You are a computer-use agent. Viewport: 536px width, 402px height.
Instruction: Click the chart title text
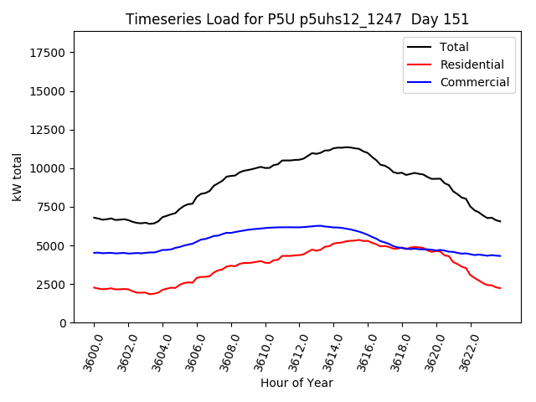click(297, 19)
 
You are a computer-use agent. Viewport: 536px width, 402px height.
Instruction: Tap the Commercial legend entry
click(474, 82)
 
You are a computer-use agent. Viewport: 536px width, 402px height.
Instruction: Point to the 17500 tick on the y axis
click(49, 53)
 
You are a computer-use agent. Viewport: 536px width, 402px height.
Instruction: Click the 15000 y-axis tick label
click(49, 91)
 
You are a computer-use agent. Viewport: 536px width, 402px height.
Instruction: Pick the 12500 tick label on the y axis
click(49, 130)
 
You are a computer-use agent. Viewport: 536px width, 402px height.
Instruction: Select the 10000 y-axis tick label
click(49, 168)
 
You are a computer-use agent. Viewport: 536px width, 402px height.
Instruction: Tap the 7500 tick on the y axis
click(52, 207)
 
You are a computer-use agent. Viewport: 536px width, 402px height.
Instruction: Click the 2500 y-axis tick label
click(52, 285)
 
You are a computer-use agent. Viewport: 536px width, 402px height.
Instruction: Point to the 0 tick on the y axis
click(64, 323)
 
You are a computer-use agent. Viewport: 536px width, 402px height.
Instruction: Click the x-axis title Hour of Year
click(296, 383)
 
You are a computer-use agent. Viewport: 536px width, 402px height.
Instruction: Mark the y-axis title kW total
click(17, 177)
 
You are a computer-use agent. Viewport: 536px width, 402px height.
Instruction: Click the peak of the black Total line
click(345, 147)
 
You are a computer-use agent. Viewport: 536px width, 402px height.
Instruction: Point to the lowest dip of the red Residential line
click(151, 294)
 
